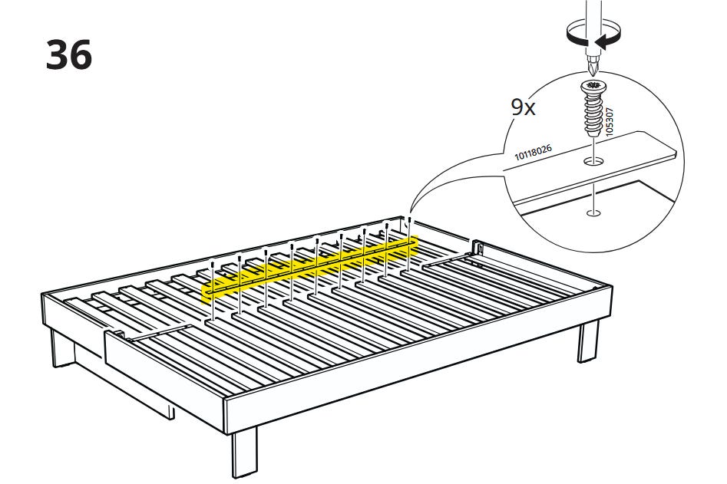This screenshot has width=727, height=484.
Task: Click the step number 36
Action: [68, 54]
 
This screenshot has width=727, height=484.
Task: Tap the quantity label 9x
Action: [523, 107]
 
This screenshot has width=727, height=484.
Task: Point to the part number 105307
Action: [610, 121]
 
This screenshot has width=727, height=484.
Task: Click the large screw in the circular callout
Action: [593, 109]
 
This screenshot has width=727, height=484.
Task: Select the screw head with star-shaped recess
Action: [593, 86]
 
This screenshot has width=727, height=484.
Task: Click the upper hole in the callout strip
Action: [593, 162]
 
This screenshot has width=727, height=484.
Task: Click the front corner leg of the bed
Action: [244, 452]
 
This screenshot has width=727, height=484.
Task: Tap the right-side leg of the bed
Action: [588, 341]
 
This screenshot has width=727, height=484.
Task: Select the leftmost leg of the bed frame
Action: [63, 347]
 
